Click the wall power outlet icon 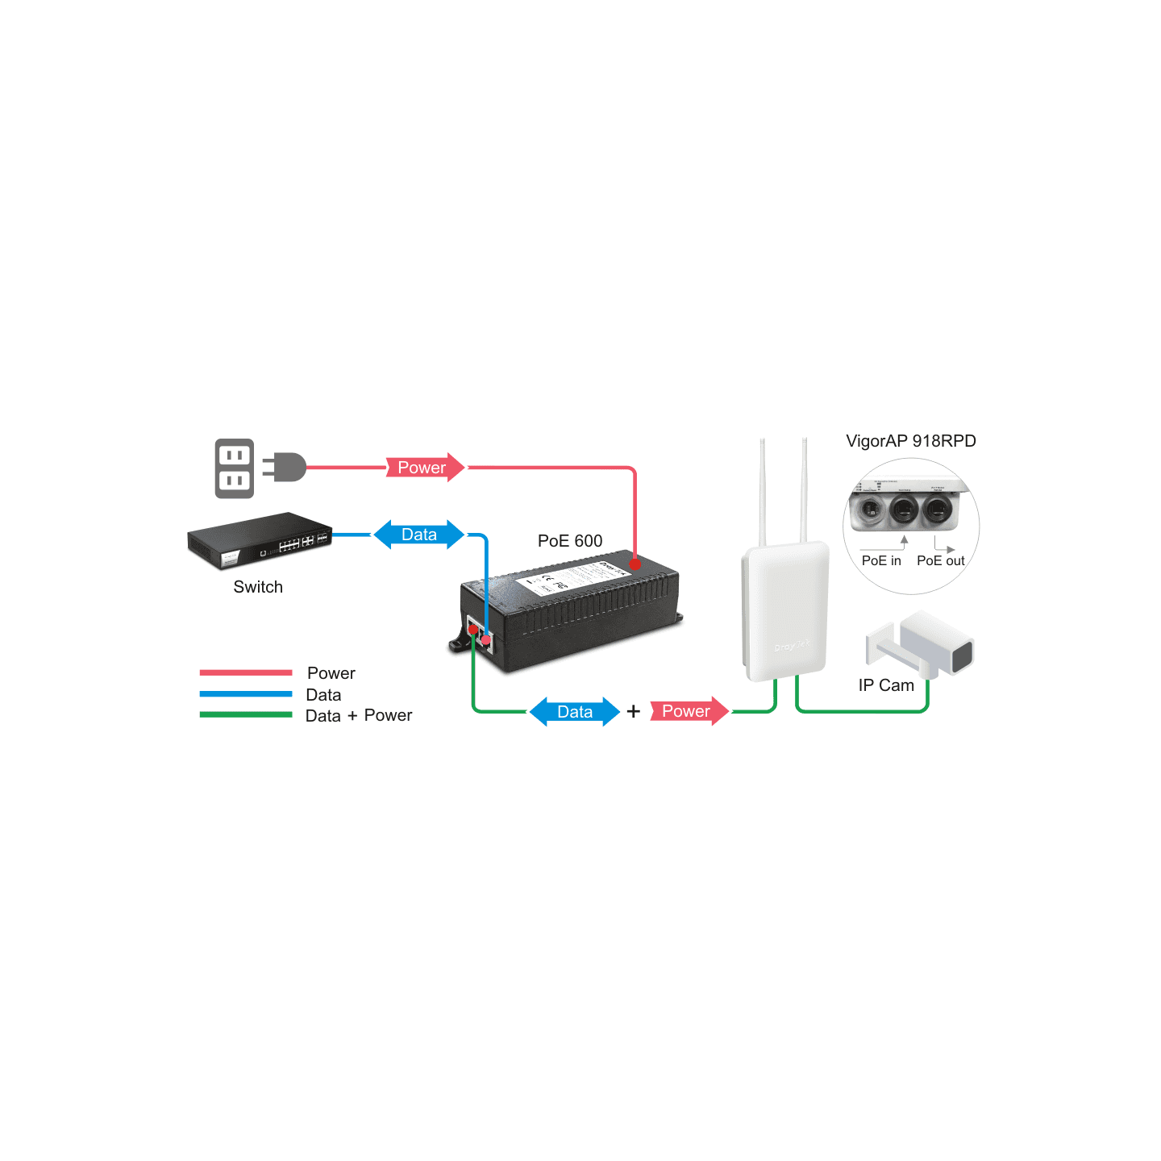click(x=235, y=468)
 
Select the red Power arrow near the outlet click(x=424, y=468)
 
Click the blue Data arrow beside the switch click(x=419, y=535)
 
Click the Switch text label click(x=258, y=587)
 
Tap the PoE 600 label click(x=570, y=541)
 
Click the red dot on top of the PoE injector click(x=635, y=564)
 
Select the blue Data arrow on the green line click(x=575, y=712)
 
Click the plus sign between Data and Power click(x=634, y=711)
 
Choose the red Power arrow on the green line click(x=688, y=711)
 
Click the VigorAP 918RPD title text click(x=911, y=441)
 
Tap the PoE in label click(x=881, y=561)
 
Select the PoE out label click(x=940, y=561)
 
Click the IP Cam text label click(x=886, y=685)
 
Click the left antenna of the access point click(x=763, y=492)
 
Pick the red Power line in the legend click(x=246, y=672)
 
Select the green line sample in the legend click(x=246, y=714)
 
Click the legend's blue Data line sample click(x=246, y=693)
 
